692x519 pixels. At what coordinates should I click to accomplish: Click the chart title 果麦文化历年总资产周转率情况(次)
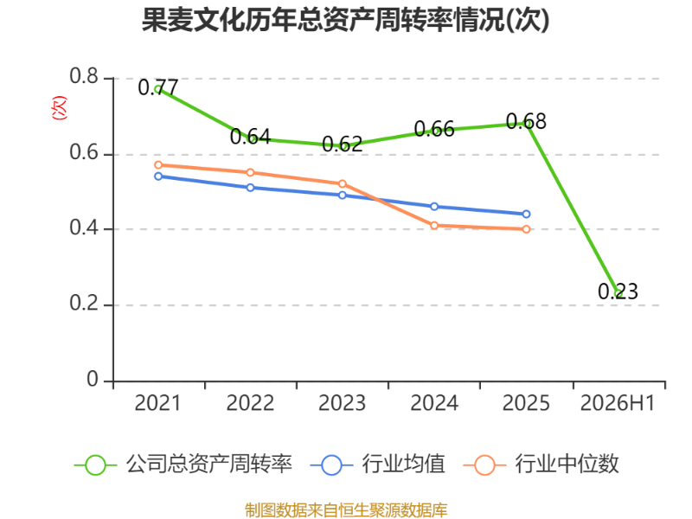[x=345, y=20]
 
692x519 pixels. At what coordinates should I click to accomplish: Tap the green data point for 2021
[x=158, y=89]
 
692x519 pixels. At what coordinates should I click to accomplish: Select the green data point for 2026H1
[x=618, y=293]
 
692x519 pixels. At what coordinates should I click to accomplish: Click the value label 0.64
[x=250, y=137]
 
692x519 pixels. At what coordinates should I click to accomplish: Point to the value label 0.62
[x=342, y=144]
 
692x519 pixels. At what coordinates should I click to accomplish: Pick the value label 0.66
[x=434, y=129]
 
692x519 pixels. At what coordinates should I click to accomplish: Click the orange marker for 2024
[x=434, y=226]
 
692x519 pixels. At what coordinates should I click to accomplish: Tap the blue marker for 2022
[x=250, y=188]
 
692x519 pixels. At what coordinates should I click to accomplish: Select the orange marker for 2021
[x=158, y=165]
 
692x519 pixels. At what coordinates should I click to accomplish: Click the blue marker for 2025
[x=526, y=214]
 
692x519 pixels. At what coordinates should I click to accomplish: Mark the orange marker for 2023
[x=342, y=183]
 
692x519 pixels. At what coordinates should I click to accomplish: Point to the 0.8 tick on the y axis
[x=84, y=76]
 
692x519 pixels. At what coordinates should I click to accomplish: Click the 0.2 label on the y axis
[x=84, y=304]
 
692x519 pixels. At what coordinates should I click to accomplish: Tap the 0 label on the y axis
[x=93, y=379]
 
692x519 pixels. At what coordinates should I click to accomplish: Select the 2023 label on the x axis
[x=342, y=403]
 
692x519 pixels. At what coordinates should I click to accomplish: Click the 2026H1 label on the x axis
[x=618, y=403]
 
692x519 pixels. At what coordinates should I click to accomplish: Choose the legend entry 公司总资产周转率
[x=183, y=465]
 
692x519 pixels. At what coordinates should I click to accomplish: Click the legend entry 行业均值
[x=378, y=465]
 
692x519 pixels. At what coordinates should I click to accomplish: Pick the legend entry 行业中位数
[x=541, y=465]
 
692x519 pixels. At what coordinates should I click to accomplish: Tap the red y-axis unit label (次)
[x=59, y=107]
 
